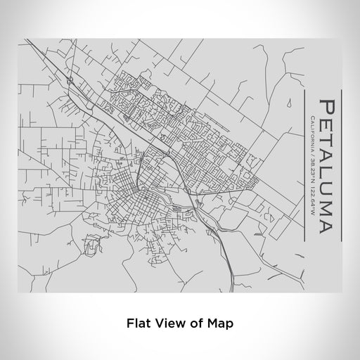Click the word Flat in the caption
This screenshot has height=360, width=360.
click(137, 323)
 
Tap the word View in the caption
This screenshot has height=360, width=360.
click(167, 323)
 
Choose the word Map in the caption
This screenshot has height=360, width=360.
click(216, 323)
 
